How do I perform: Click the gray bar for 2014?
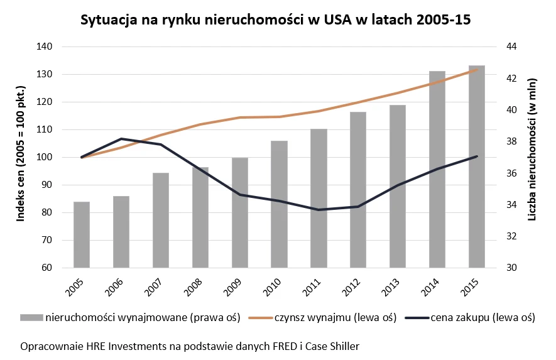coord(437,170)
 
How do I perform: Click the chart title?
coord(276,20)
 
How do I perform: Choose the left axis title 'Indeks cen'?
coord(20,157)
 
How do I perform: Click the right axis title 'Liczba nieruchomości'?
coord(531,157)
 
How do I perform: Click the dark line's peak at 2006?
coord(121,138)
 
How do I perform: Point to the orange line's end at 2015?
coord(477,69)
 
